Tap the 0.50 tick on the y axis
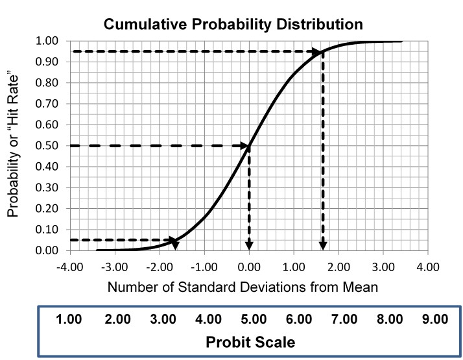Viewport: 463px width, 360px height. pos(51,146)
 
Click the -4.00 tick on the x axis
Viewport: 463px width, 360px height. pos(69,266)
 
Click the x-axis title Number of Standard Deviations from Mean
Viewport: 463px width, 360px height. pos(248,286)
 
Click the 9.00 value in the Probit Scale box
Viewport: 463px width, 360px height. pos(434,318)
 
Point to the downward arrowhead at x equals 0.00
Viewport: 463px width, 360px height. pos(249,245)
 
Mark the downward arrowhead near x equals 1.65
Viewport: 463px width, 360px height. pos(323,245)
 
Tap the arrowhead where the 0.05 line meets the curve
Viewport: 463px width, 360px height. pos(174,240)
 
